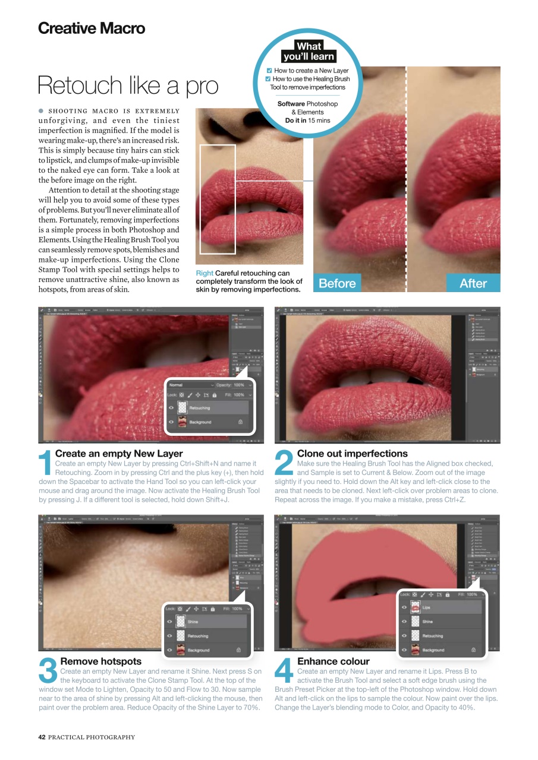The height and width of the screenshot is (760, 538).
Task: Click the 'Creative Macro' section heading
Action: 91,28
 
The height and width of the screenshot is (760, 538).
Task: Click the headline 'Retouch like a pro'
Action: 127,86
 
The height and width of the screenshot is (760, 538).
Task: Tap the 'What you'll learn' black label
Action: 309,52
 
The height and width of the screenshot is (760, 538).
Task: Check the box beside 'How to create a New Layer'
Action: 269,71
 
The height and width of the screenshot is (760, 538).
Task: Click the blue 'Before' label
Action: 337,284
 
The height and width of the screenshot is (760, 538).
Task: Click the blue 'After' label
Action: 473,284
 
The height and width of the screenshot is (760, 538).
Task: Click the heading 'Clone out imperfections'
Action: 352,454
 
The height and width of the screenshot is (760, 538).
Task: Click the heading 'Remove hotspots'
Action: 100,661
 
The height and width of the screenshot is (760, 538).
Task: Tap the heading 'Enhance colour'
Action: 333,661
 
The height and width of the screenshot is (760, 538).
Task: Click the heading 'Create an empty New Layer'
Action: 119,454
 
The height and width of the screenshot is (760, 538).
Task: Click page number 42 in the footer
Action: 42,737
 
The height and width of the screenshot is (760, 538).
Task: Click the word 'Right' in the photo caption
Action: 204,273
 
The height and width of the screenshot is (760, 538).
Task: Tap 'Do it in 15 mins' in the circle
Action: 308,121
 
